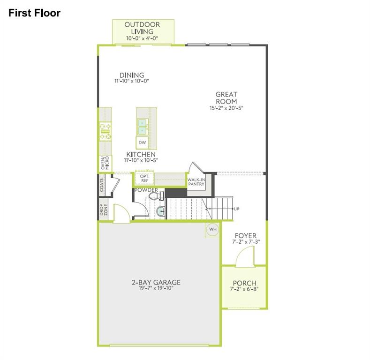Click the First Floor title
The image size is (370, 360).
point(34,13)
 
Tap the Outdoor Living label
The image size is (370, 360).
point(143,28)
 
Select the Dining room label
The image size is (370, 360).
point(131,75)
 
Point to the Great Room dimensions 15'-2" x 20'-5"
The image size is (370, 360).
point(226,108)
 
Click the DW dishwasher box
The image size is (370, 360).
point(143,142)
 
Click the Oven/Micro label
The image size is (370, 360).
point(105,163)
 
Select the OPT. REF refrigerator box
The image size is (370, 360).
point(144,178)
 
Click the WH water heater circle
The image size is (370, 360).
point(212,229)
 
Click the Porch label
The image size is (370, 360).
point(244,283)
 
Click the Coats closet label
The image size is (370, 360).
point(102,184)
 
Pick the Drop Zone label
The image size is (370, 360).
point(102,210)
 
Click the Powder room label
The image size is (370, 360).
point(146,190)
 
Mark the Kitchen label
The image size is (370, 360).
point(141,154)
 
